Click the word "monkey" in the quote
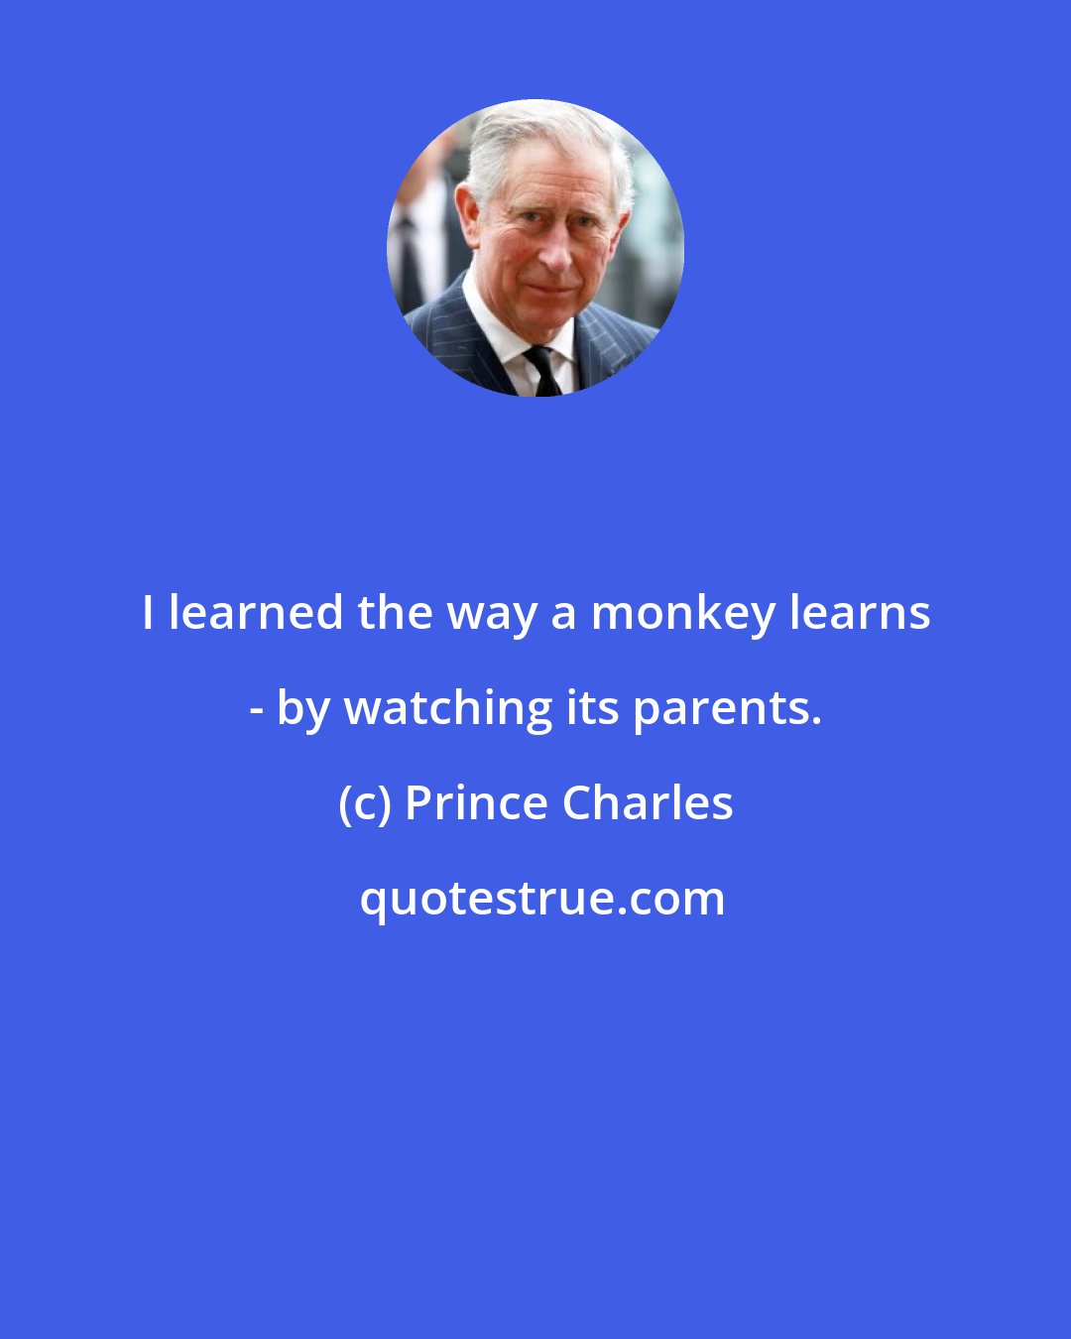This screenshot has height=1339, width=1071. (x=683, y=614)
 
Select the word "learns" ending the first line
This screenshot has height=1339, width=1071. (x=860, y=614)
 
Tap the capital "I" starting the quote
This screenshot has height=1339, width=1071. (x=148, y=614)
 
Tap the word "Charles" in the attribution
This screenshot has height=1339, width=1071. (x=648, y=802)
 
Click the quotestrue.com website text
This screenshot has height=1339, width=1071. (x=541, y=899)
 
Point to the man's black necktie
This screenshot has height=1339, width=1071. (x=542, y=371)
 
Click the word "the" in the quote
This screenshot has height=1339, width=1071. (x=395, y=614)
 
